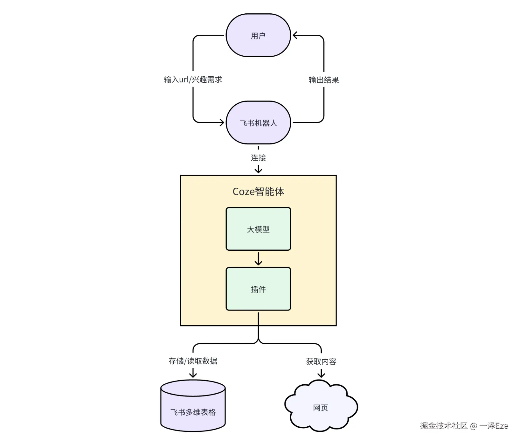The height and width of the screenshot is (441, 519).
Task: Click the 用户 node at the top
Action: point(258,35)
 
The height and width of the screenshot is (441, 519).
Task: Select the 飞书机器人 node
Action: point(258,123)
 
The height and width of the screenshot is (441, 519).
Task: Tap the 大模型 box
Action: point(258,229)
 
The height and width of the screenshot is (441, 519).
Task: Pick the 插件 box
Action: point(258,289)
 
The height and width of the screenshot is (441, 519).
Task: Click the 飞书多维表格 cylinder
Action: point(193,409)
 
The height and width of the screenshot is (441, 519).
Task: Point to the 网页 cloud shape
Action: point(321,408)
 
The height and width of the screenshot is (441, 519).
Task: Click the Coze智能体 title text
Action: point(258,192)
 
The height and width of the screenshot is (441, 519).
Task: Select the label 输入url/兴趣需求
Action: point(193,80)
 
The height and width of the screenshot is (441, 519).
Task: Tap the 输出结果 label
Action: point(324,80)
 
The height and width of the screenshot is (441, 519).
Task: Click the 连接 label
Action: point(258,157)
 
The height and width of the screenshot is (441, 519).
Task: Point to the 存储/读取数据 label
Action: point(193,361)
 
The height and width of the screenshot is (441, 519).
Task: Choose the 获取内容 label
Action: point(321,361)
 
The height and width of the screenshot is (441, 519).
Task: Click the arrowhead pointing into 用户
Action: point(295,35)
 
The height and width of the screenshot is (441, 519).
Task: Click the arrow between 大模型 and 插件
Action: point(258,259)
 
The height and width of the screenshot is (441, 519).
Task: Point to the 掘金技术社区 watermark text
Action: point(444,426)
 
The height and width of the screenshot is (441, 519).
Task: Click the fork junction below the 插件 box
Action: point(258,342)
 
